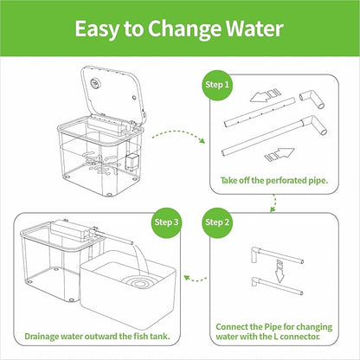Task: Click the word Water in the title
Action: pyautogui.click(x=254, y=29)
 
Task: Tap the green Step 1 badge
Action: pyautogui.click(x=217, y=85)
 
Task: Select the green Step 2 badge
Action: pyautogui.click(x=217, y=222)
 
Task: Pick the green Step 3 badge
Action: pyautogui.click(x=166, y=222)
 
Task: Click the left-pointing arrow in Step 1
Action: pyautogui.click(x=265, y=95)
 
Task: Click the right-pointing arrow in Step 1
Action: pyautogui.click(x=280, y=154)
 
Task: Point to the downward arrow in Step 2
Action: pyautogui.click(x=280, y=271)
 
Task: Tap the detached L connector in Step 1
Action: pyautogui.click(x=312, y=99)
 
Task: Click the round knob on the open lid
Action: pyautogui.click(x=94, y=83)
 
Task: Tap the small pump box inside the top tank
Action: pyautogui.click(x=132, y=160)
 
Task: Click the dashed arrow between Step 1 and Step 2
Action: pyautogui.click(x=273, y=203)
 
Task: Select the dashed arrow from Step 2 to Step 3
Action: pyautogui.click(x=196, y=279)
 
